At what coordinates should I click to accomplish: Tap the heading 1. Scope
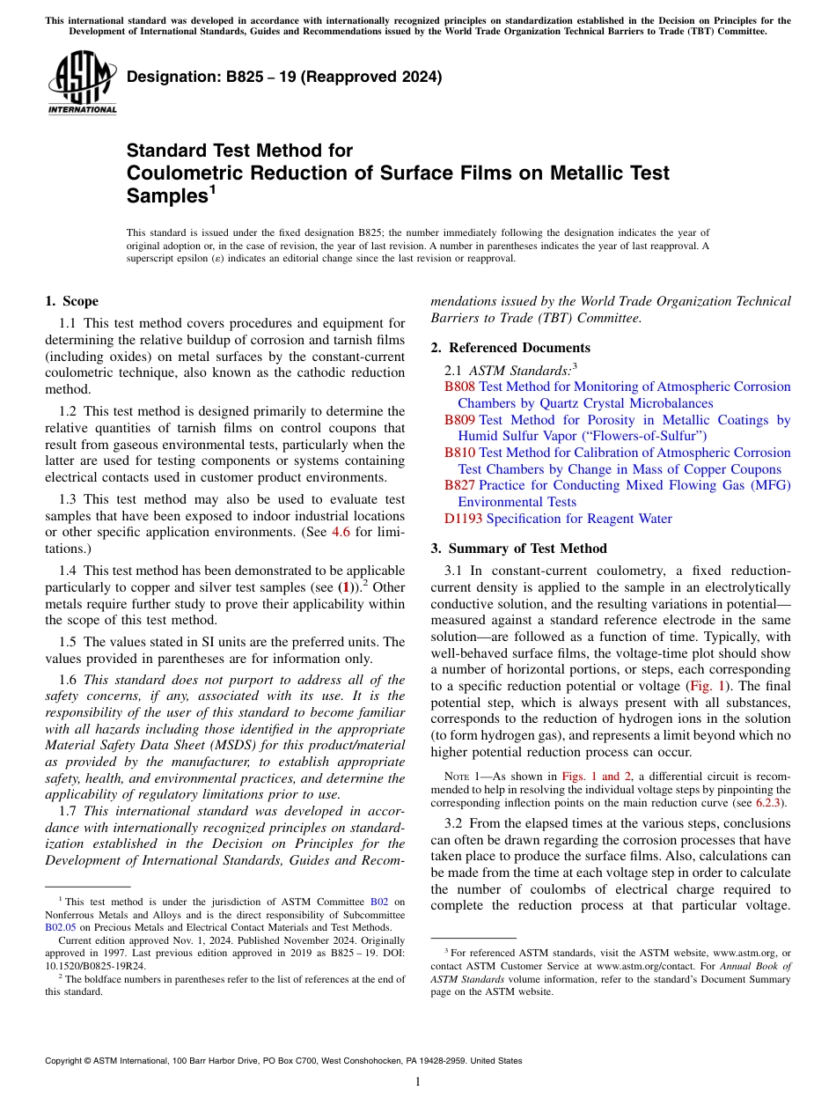(71, 301)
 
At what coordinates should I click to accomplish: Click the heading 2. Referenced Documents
(510, 348)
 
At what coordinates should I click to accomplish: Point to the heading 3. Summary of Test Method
(518, 549)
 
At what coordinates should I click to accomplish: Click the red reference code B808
(459, 387)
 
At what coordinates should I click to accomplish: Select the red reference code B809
(459, 420)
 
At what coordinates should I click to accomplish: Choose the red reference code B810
(459, 453)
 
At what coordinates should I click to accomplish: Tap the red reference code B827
(459, 486)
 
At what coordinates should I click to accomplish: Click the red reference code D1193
(463, 519)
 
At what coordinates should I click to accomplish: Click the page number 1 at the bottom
(418, 1081)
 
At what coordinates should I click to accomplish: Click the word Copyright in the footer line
(67, 1061)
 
